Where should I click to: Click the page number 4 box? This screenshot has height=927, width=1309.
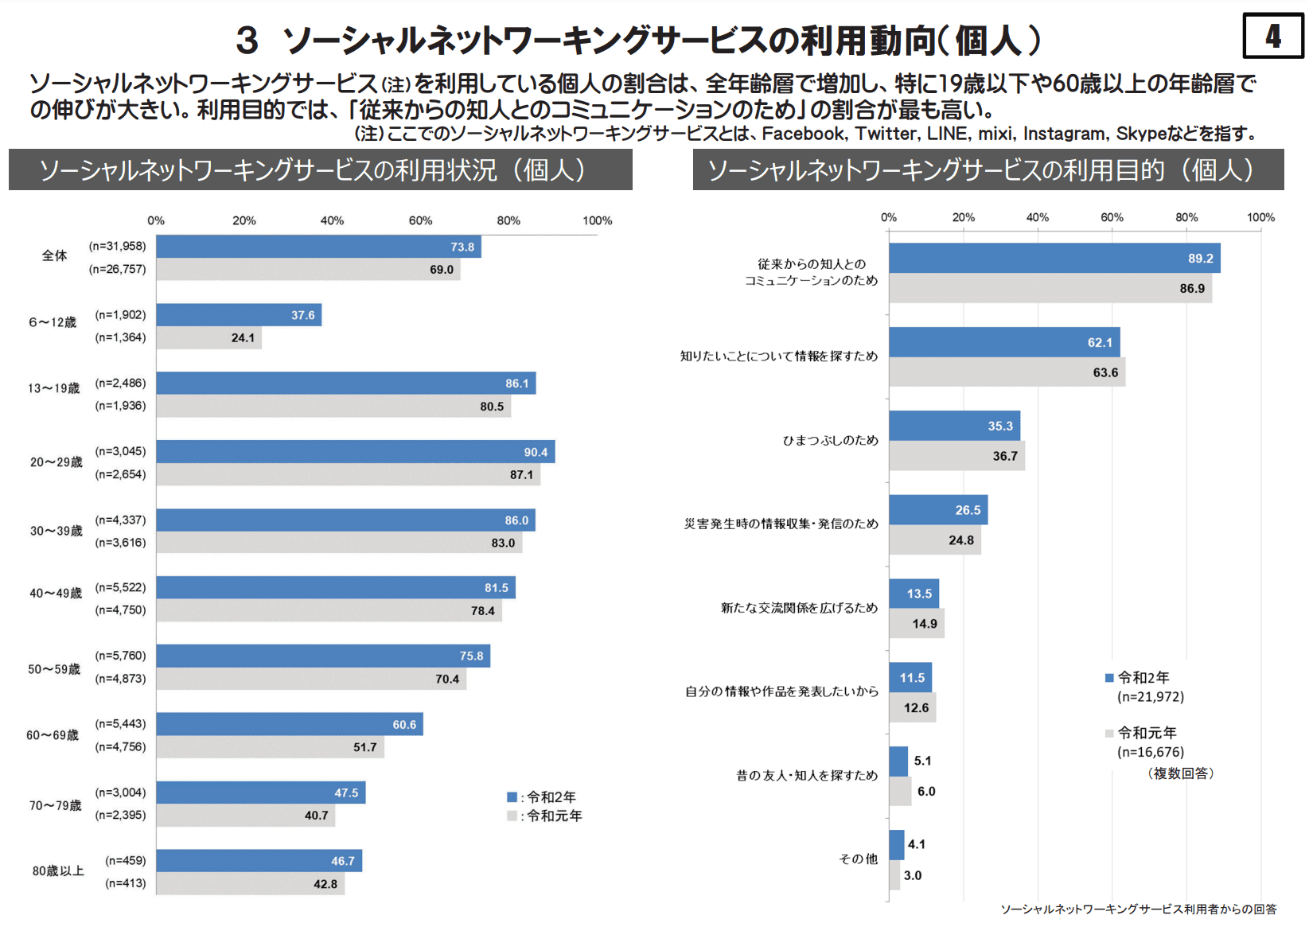pyautogui.click(x=1272, y=36)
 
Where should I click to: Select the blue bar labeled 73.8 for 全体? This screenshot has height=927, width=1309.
pyautogui.click(x=318, y=247)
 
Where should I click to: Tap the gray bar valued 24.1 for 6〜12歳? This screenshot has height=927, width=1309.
pyautogui.click(x=208, y=337)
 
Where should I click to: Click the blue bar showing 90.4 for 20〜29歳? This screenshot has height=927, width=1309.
pyautogui.click(x=355, y=452)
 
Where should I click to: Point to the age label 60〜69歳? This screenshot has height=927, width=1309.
pyautogui.click(x=53, y=735)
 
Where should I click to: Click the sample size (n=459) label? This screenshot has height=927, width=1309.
pyautogui.click(x=126, y=860)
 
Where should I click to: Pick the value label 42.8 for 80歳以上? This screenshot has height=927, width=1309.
pyautogui.click(x=325, y=884)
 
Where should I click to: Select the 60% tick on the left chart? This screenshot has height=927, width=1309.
pyautogui.click(x=420, y=220)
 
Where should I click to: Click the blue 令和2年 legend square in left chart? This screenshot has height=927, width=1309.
pyautogui.click(x=512, y=797)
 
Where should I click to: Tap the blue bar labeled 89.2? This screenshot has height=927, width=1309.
pyautogui.click(x=1054, y=258)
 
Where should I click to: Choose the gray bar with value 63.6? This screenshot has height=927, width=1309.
pyautogui.click(x=1007, y=372)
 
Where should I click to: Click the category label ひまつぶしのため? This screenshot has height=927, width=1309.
pyautogui.click(x=830, y=440)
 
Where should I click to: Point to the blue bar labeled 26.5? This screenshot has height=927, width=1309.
pyautogui.click(x=937, y=510)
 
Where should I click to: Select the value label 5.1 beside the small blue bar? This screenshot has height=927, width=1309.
pyautogui.click(x=922, y=761)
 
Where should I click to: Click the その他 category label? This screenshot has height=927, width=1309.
pyautogui.click(x=858, y=859)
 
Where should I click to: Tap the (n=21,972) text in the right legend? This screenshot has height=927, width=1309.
pyautogui.click(x=1150, y=697)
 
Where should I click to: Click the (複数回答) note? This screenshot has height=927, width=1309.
pyautogui.click(x=1180, y=773)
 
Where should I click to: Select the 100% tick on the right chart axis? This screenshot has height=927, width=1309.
pyautogui.click(x=1260, y=217)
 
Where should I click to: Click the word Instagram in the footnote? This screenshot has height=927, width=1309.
pyautogui.click(x=1064, y=134)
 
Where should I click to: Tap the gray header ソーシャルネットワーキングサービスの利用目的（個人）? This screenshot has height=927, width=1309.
pyautogui.click(x=988, y=169)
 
